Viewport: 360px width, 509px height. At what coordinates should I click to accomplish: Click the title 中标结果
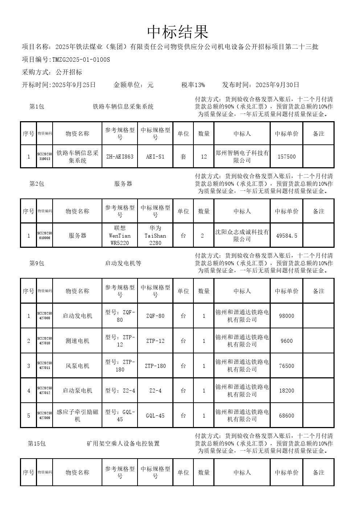178,32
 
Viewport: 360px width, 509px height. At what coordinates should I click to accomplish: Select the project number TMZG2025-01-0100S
81,59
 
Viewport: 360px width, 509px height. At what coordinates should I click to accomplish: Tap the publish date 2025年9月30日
277,85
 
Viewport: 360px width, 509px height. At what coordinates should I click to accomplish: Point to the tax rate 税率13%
193,85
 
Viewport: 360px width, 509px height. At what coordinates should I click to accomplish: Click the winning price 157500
286,157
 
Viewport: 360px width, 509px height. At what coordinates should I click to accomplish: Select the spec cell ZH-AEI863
120,157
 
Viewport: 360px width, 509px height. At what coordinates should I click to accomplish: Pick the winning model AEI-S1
155,157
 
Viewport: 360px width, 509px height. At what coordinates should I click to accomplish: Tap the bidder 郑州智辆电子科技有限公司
242,157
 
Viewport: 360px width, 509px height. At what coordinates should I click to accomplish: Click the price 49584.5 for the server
286,236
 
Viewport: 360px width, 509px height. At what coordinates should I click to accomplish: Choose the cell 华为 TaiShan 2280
155,235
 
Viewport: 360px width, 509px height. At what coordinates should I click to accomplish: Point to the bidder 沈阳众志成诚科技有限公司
242,235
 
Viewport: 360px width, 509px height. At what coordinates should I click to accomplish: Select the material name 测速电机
77,341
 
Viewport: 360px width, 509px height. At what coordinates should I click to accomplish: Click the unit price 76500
286,366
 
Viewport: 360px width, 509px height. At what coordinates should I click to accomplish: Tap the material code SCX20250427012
45,391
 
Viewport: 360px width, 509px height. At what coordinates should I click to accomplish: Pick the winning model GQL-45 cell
155,416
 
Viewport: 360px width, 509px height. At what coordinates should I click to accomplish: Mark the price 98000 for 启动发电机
286,316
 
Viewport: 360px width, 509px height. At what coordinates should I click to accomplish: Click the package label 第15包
37,443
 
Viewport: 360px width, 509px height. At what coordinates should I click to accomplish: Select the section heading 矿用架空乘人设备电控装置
123,443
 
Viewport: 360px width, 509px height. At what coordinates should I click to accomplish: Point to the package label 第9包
37,263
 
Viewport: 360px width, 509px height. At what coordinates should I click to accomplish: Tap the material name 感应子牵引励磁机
77,416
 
